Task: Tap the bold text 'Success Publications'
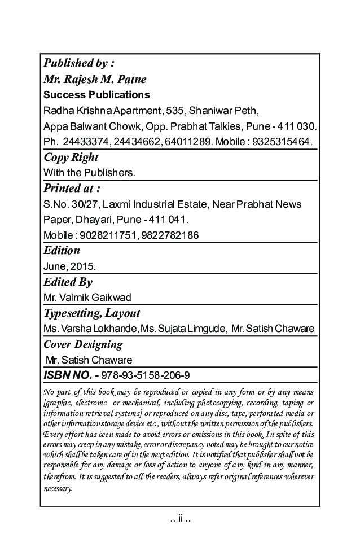click(x=96, y=94)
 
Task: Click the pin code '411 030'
click(x=296, y=125)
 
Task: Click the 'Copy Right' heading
click(x=71, y=157)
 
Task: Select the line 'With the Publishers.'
click(x=89, y=172)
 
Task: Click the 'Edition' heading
click(x=62, y=250)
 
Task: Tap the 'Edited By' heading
click(x=68, y=282)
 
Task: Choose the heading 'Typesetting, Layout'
click(x=91, y=313)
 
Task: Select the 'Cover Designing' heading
click(x=82, y=344)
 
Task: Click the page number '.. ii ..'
click(x=180, y=519)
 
